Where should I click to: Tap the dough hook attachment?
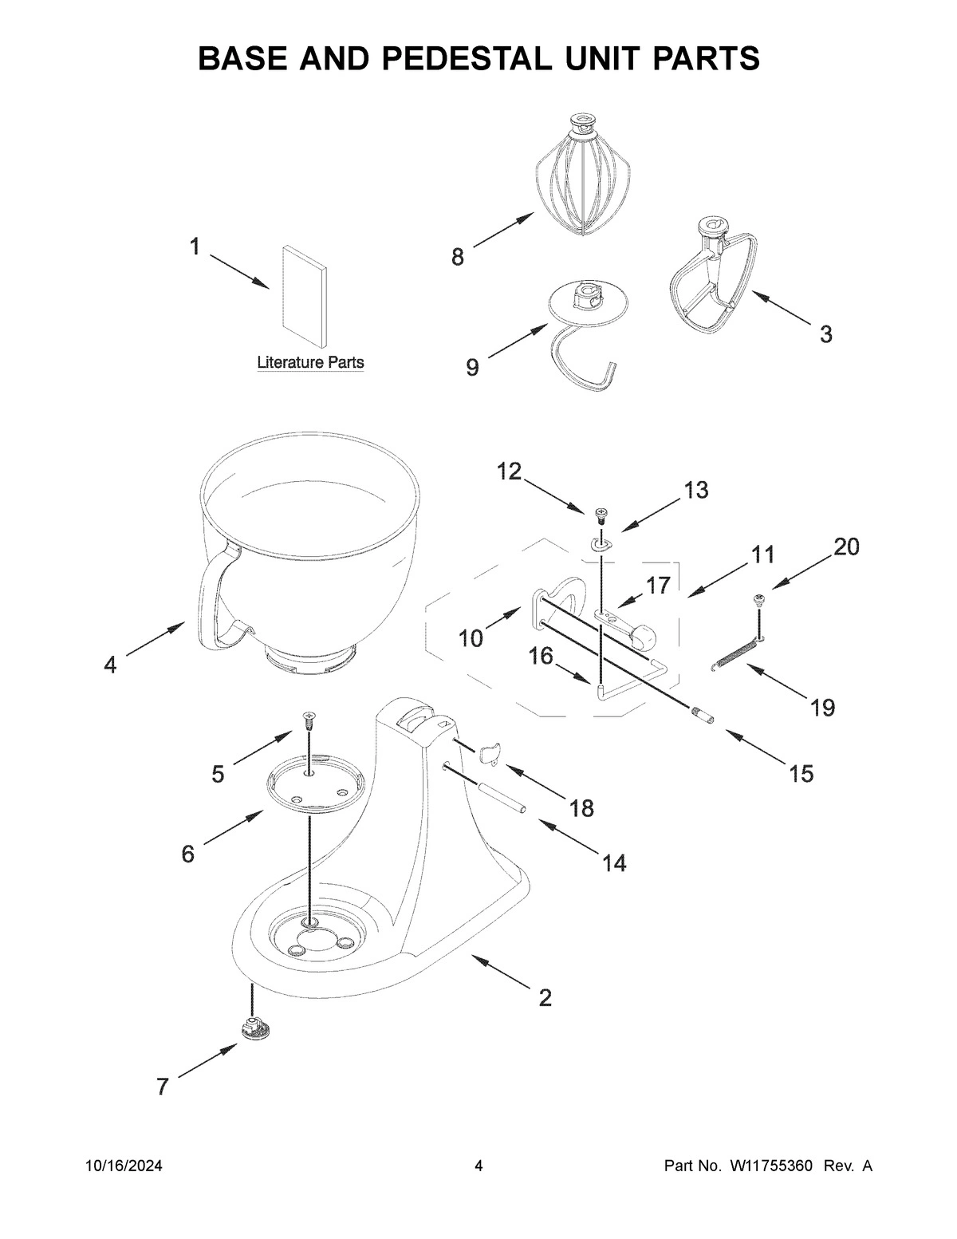587,335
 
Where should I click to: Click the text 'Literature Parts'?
310,362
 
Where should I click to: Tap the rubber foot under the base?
255,1028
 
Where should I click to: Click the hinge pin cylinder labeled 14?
502,798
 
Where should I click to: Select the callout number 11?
763,554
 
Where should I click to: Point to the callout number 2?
545,997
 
